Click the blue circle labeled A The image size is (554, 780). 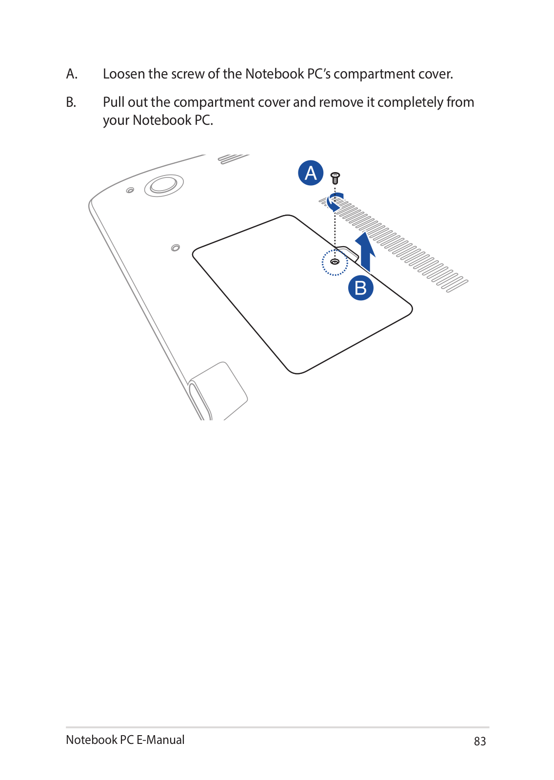[311, 173]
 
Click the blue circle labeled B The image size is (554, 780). [361, 288]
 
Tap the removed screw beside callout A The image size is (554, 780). [335, 178]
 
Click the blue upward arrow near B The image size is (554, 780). [365, 251]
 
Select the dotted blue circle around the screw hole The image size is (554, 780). [335, 262]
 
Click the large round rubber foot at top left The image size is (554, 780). [164, 185]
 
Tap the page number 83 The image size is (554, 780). [480, 741]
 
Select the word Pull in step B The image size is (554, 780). [114, 102]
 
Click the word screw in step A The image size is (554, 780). [188, 74]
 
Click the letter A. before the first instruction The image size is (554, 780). [72, 74]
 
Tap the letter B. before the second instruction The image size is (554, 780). [71, 102]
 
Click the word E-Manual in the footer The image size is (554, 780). [160, 740]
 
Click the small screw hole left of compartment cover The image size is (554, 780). [176, 248]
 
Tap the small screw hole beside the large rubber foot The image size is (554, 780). [130, 190]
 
